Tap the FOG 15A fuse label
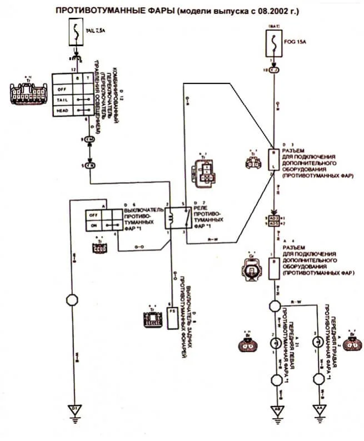pos(296,40)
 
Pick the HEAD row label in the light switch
pos(62,111)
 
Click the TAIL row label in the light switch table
pos(62,99)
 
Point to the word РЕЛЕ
pos(200,205)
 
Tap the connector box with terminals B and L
pos(274,160)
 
